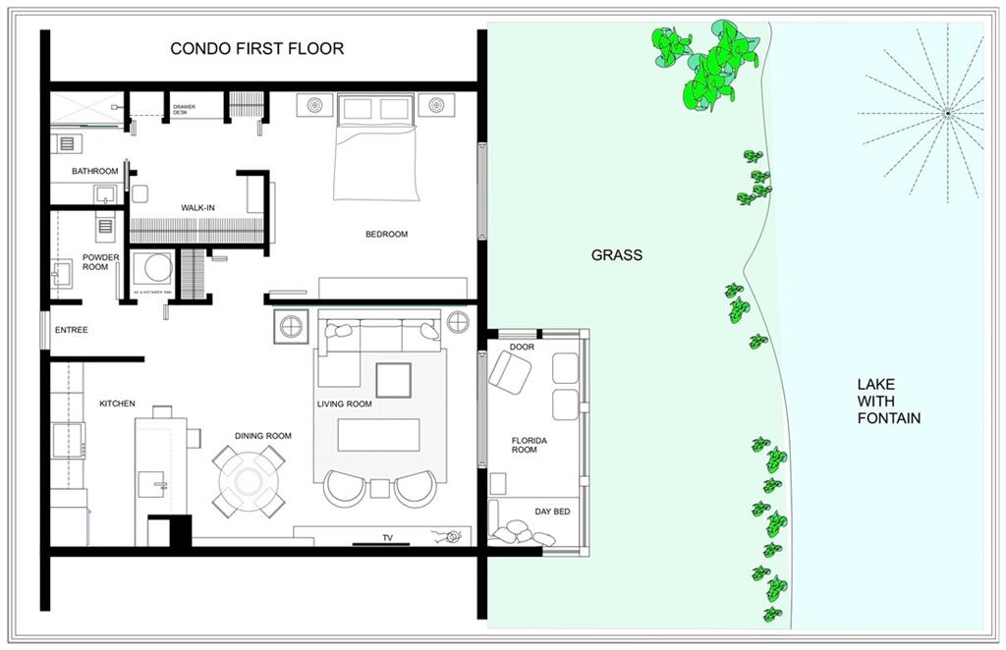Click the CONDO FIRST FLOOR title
click(256, 48)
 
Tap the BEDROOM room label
click(386, 234)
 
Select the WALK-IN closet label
click(197, 207)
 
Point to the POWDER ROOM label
click(101, 262)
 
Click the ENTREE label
click(71, 330)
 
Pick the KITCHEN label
click(117, 404)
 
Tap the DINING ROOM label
click(262, 436)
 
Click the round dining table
click(249, 480)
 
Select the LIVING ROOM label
click(344, 404)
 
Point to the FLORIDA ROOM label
click(529, 445)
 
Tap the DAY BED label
click(551, 512)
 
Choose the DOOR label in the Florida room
click(522, 348)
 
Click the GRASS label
click(616, 255)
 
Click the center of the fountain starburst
click(947, 114)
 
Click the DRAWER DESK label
click(184, 109)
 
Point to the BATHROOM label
click(94, 171)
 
